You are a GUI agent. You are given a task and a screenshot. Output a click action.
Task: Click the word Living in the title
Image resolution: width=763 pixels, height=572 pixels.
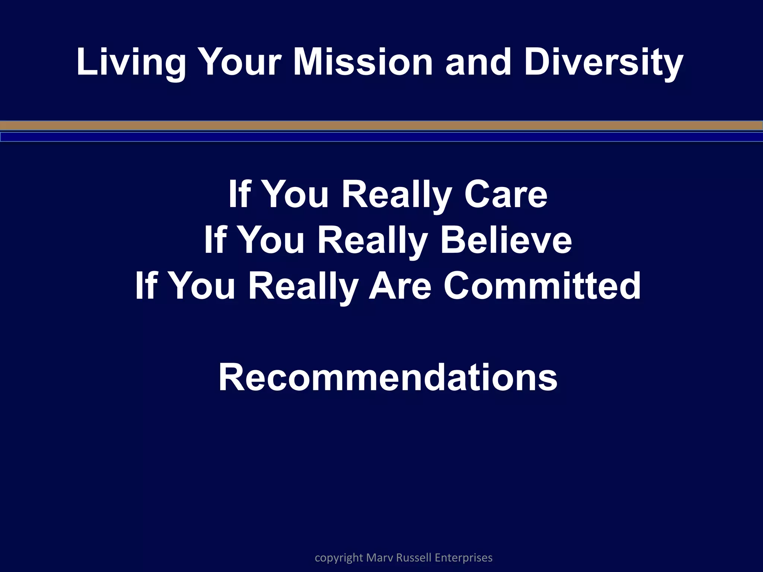(x=130, y=62)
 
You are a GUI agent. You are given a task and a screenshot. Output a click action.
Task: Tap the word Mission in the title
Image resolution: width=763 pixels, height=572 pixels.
(x=363, y=62)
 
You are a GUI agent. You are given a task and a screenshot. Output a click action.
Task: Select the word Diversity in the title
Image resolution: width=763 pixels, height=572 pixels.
(x=603, y=62)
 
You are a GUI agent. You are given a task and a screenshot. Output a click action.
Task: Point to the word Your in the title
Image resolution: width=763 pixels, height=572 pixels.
(x=239, y=62)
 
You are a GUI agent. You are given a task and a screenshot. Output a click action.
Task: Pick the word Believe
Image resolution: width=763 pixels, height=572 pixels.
(x=506, y=240)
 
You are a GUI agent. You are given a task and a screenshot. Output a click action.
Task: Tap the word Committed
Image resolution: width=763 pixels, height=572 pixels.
(x=542, y=286)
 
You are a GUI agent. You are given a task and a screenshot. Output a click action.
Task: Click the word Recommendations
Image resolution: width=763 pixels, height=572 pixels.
(x=387, y=378)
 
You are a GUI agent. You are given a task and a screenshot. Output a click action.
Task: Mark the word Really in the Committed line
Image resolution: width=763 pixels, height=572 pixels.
(x=303, y=286)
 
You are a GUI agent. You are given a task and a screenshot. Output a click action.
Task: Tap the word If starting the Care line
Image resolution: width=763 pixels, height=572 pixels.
(x=239, y=194)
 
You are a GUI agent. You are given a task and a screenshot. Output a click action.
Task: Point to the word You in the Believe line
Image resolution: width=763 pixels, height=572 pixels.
(x=270, y=240)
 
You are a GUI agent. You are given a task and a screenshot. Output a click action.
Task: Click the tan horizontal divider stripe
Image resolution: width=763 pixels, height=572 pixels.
(x=381, y=125)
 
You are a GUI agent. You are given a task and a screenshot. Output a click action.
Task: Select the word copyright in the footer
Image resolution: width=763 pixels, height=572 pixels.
(x=339, y=558)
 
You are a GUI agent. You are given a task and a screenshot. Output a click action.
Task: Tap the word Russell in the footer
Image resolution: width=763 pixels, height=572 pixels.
(x=414, y=558)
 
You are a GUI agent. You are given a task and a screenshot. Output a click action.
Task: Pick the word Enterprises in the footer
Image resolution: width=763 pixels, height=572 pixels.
(x=463, y=558)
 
